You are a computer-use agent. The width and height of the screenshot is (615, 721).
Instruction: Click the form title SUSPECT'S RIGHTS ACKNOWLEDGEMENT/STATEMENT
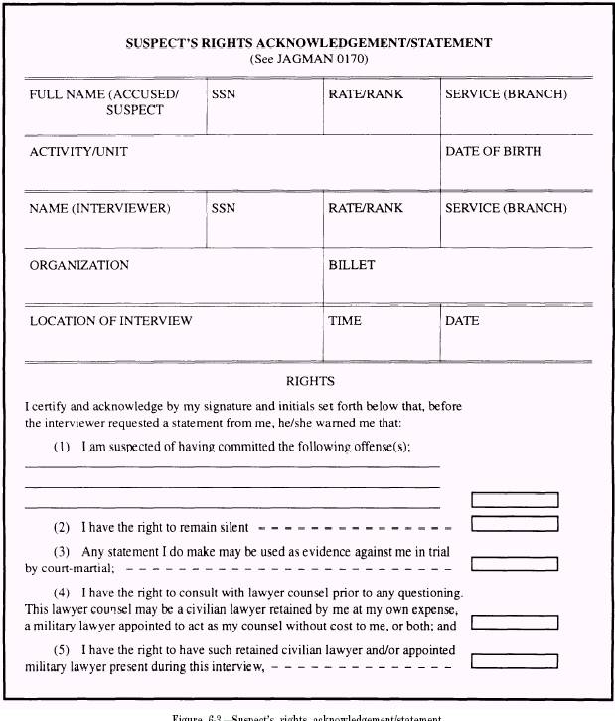tap(308, 44)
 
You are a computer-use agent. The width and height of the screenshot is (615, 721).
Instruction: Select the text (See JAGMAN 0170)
tap(308, 59)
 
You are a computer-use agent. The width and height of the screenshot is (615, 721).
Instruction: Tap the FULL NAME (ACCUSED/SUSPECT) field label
tap(104, 101)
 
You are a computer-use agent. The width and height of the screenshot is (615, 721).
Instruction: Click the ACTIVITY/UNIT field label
tap(78, 152)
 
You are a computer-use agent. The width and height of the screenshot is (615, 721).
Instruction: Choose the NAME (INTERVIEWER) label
tap(99, 209)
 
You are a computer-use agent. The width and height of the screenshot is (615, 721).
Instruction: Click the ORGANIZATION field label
tap(78, 266)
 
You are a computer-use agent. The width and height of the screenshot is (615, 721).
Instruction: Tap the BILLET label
tap(351, 266)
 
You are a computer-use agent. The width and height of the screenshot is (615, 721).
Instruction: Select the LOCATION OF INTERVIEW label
tap(110, 321)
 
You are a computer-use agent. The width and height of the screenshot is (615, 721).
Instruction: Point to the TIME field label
tap(345, 321)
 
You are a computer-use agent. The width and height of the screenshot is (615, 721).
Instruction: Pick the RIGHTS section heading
tap(310, 381)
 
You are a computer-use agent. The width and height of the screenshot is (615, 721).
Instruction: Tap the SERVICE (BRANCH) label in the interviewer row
tap(506, 209)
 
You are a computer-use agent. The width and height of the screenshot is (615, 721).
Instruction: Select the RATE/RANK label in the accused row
tap(366, 95)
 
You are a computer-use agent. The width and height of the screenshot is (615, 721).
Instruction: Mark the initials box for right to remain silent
tap(515, 524)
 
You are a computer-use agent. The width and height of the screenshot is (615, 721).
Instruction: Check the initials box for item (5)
tap(515, 661)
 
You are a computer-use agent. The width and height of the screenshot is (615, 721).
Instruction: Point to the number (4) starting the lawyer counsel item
tap(62, 593)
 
